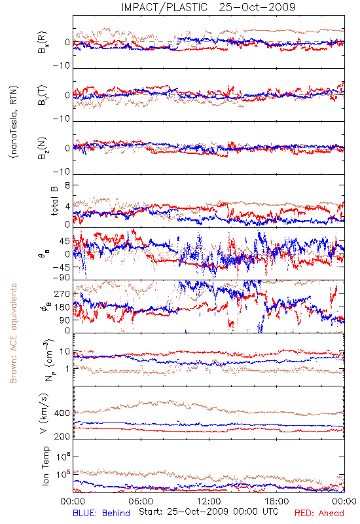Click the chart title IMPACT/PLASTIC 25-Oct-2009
point(208,7)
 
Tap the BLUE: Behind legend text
point(101,513)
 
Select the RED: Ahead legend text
point(319,513)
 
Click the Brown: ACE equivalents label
point(13,333)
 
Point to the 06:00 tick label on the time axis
point(141,501)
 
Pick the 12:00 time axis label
point(209,501)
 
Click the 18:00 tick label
point(277,501)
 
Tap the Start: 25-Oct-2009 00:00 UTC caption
point(208,512)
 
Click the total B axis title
point(54,201)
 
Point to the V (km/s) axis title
point(45,413)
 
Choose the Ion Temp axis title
point(45,465)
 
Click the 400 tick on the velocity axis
point(62,413)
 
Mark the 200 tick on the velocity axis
point(62,436)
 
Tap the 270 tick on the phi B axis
point(62,293)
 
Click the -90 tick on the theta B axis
point(61,277)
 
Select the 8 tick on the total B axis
point(67,185)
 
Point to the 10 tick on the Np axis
point(65,352)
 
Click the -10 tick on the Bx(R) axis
point(61,65)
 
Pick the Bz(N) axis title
point(43,148)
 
